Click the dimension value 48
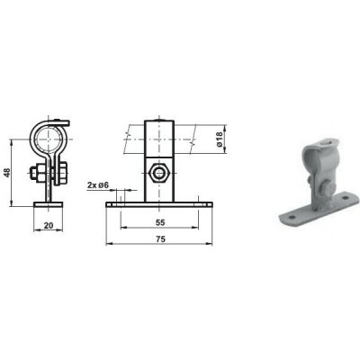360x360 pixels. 7,173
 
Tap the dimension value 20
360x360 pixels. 49,225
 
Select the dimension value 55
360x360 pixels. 160,222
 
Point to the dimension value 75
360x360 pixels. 160,239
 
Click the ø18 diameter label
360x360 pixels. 220,139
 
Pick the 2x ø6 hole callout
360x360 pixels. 98,185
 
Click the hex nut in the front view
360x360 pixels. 159,173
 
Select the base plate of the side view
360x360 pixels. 49,204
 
